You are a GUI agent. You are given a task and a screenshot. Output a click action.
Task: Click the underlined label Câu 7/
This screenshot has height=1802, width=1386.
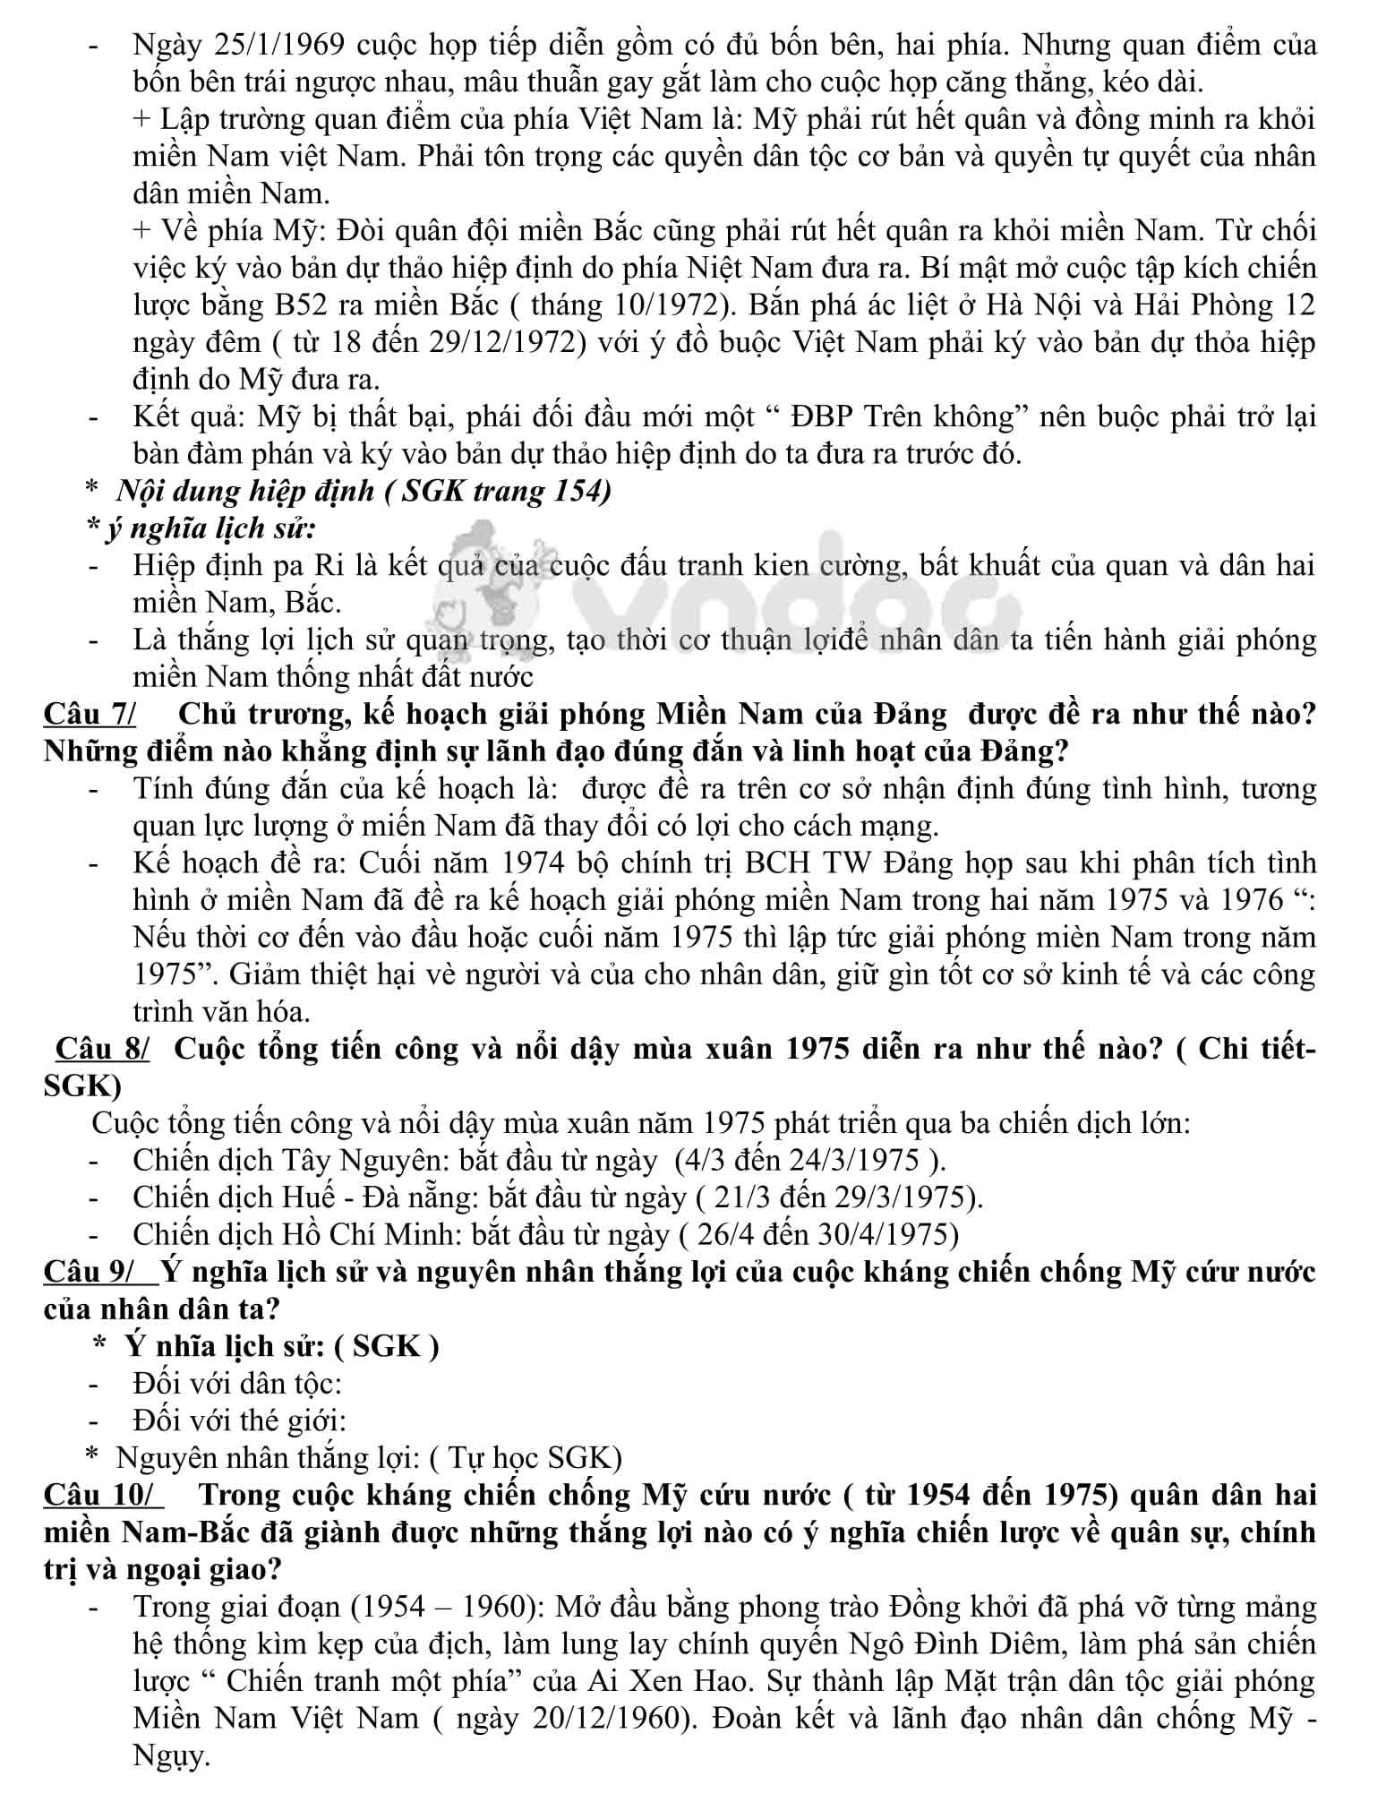(90, 714)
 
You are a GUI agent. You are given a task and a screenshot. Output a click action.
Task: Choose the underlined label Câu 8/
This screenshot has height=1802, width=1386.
(103, 1048)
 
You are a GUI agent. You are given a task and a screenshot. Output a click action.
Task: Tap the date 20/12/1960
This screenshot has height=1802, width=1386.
(607, 1718)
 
